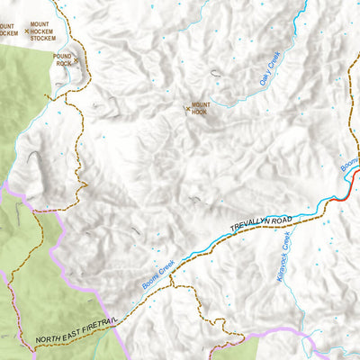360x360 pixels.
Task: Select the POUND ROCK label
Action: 63,60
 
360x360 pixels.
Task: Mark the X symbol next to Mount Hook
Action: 187,110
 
